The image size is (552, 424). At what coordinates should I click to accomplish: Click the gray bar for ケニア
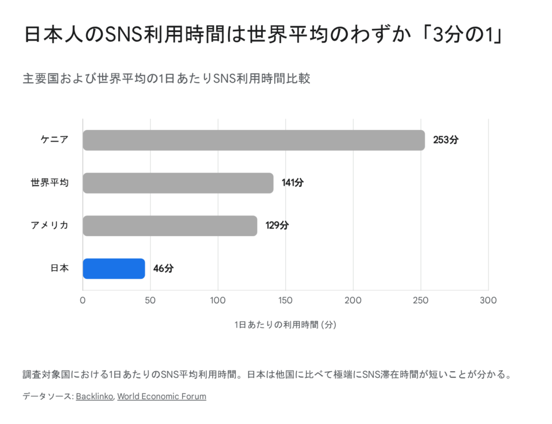coord(254,140)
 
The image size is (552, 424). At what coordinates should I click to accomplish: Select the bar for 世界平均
coord(178,183)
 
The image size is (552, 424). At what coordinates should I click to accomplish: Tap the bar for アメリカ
coord(170,226)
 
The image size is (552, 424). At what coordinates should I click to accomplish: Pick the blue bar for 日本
coord(114,269)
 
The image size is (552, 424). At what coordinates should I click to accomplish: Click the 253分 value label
coord(445,140)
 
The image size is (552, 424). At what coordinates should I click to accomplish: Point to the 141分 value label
coord(293,183)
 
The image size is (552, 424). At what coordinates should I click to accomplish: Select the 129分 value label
coord(277,226)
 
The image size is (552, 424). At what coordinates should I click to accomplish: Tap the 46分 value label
coord(163,269)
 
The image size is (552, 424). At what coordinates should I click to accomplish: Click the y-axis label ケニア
coord(54,140)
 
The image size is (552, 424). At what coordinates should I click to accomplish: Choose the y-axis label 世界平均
coord(50,183)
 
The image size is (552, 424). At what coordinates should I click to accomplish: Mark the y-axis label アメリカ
coord(50,226)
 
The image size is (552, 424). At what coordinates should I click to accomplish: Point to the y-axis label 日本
coord(59,269)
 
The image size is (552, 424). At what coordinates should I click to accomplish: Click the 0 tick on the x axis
coord(83,300)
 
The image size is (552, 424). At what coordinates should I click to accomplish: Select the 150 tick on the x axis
coord(285,300)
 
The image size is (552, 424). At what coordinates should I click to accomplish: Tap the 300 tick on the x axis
coord(488,300)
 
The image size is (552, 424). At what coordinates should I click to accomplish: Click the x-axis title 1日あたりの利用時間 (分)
coord(285,325)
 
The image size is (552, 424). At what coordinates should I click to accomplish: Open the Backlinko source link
coord(94,396)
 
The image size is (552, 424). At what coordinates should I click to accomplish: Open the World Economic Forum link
coord(162,396)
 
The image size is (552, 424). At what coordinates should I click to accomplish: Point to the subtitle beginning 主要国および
coord(166,78)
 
